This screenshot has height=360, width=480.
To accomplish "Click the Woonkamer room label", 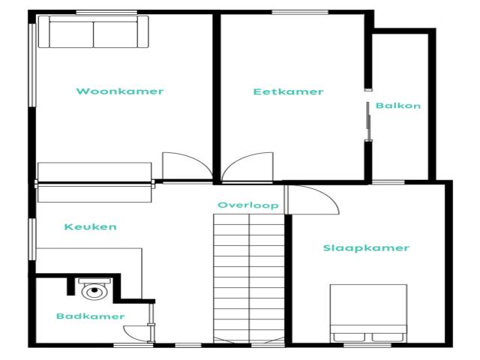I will pyautogui.click(x=120, y=91).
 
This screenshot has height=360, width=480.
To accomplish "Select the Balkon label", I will pyautogui.click(x=398, y=106).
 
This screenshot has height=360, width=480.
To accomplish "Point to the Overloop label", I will pyautogui.click(x=247, y=205).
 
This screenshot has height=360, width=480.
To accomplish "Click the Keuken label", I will pyautogui.click(x=90, y=226).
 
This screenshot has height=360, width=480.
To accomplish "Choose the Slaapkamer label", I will pyautogui.click(x=366, y=248).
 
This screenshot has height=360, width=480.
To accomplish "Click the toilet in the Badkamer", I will pyautogui.click(x=94, y=288).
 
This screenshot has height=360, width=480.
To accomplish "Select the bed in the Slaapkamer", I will pyautogui.click(x=368, y=313).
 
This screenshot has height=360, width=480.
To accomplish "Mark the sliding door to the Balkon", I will pyautogui.click(x=367, y=120).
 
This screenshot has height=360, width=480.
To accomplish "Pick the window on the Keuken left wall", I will pyautogui.click(x=31, y=240).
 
